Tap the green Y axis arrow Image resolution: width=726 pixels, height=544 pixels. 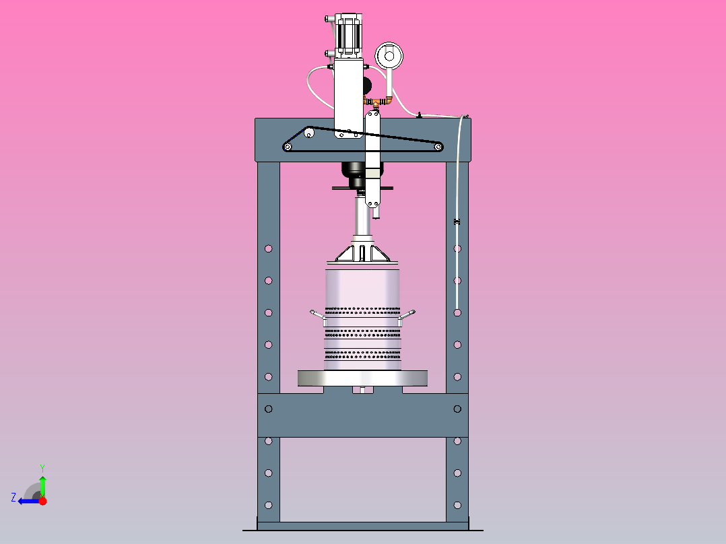point(42,484)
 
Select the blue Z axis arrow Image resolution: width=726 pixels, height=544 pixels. point(27,501)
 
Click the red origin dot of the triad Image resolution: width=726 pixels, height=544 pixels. point(42,501)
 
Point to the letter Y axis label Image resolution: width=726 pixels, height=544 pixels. point(42,467)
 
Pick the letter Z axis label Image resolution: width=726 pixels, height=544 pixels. point(13,498)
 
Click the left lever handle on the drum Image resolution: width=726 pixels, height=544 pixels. point(317,314)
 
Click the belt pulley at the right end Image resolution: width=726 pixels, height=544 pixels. point(438,146)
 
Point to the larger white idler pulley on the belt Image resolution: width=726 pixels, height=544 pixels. point(309,133)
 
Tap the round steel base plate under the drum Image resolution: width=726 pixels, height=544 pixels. point(363,378)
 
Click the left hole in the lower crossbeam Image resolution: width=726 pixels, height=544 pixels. point(269,409)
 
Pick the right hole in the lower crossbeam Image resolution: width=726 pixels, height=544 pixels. point(457,409)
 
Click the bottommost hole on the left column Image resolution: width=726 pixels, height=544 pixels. point(269,504)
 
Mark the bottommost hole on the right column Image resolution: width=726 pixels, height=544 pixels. point(457,504)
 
